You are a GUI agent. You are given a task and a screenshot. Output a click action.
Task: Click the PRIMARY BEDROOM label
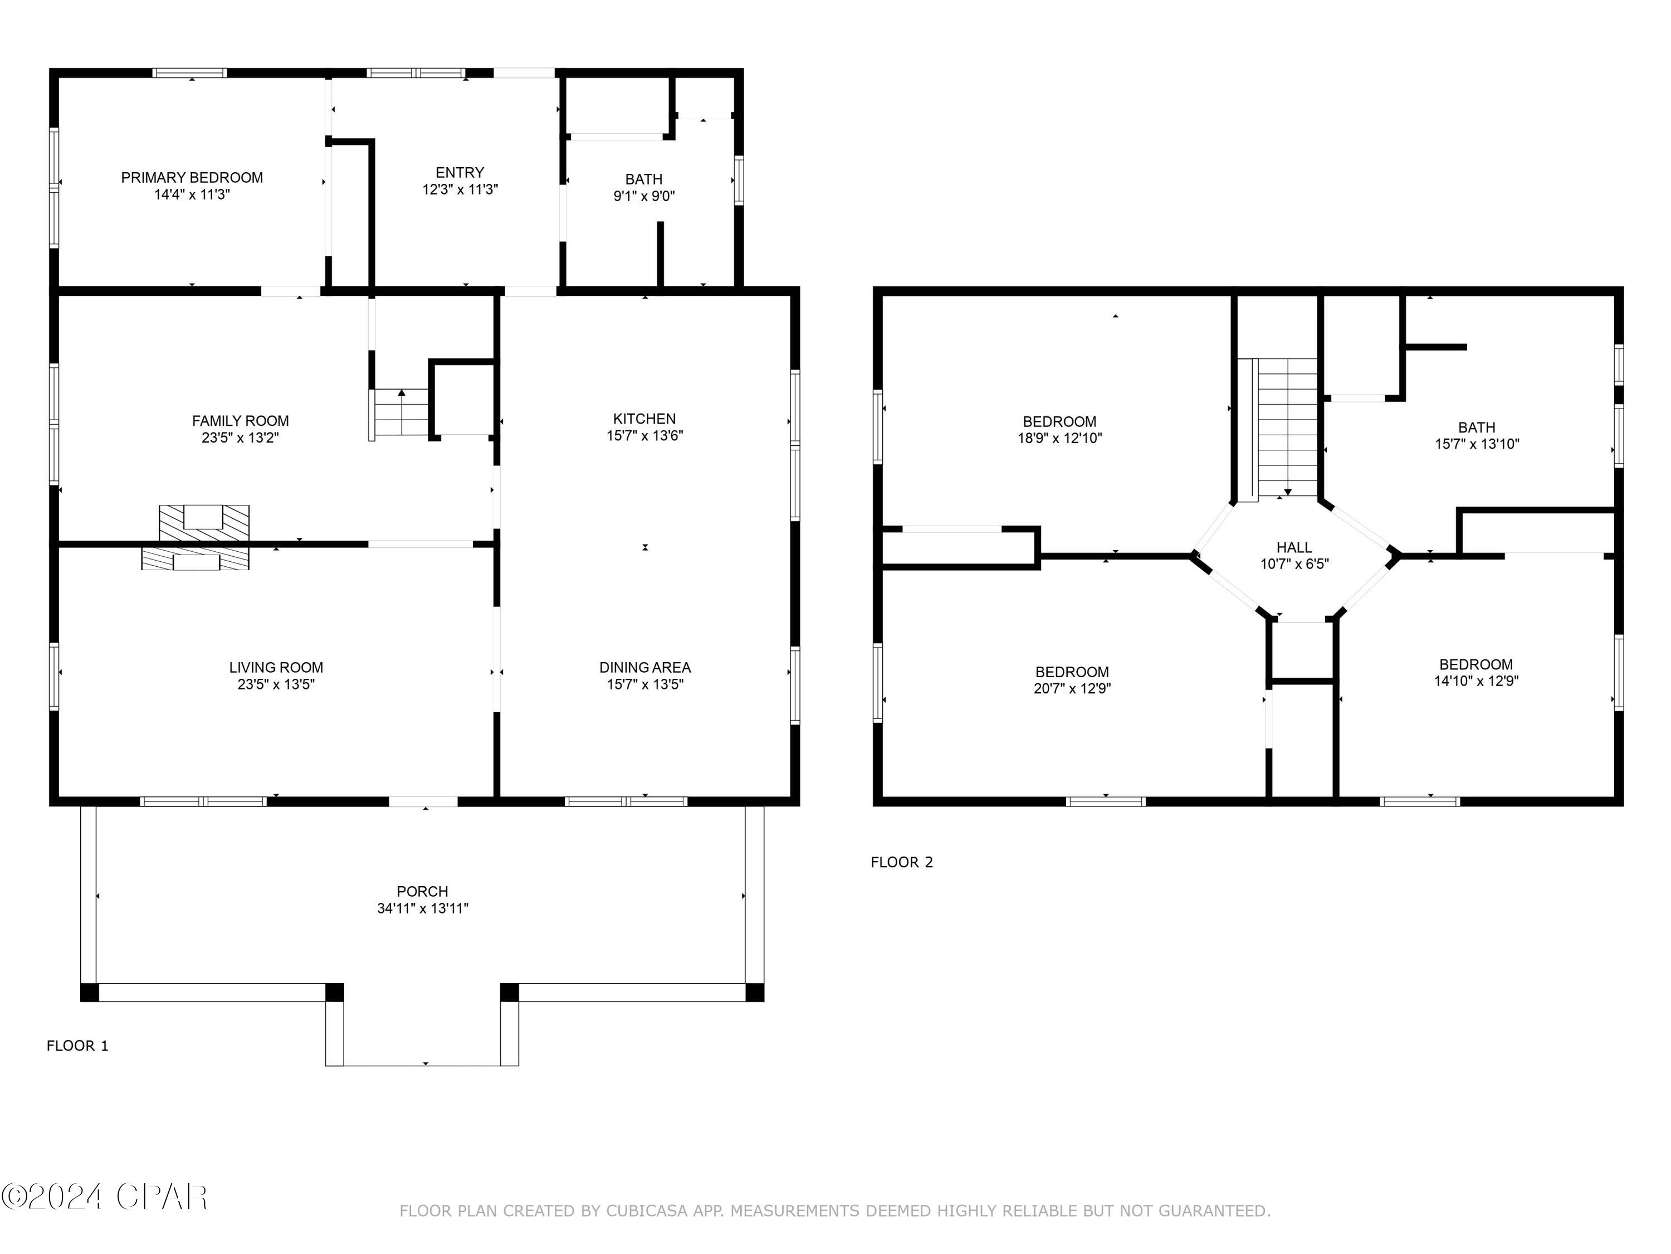pos(192,178)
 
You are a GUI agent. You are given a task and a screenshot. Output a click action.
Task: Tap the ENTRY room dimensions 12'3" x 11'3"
pos(460,189)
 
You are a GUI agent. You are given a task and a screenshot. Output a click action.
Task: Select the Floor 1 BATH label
pos(644,179)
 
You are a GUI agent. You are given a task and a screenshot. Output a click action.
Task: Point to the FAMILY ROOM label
pos(240,421)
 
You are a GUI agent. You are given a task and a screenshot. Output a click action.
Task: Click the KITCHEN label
pos(644,419)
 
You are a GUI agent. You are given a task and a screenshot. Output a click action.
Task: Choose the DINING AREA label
pos(645,668)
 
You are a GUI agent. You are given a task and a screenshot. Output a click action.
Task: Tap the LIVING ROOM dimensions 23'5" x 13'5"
pos(276,684)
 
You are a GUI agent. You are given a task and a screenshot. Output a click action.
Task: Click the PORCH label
pos(422,891)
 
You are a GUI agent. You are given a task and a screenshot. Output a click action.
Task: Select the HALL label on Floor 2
pos(1294,547)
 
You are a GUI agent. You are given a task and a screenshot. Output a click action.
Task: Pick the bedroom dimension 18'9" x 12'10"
pos(1060,438)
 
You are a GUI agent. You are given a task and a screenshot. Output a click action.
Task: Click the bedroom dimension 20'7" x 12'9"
pos(1072,688)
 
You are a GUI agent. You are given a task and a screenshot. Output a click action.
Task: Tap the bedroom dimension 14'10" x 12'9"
pos(1476,681)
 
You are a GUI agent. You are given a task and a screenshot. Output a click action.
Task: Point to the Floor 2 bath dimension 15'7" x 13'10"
pos(1477,444)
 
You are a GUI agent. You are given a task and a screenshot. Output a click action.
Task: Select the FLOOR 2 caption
pos(902,862)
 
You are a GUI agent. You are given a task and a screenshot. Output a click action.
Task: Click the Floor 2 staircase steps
pos(1287,427)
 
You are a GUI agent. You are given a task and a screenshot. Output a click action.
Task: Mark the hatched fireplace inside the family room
pos(204,522)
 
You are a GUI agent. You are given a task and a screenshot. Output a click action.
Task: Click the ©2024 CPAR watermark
pos(104,1197)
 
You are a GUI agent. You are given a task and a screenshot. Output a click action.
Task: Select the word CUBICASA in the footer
pos(647,1211)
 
